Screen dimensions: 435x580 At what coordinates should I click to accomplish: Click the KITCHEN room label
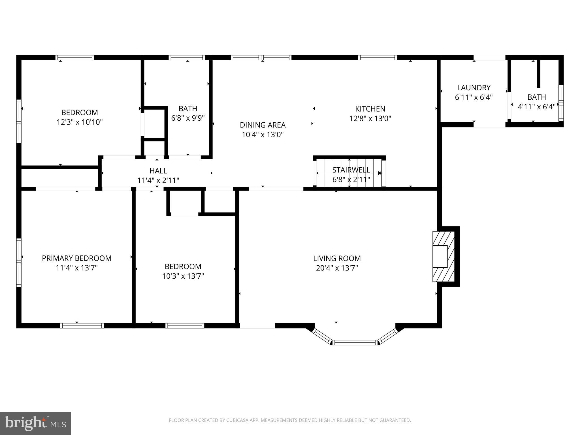coord(370,109)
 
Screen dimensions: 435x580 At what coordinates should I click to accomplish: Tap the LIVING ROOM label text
coord(337,258)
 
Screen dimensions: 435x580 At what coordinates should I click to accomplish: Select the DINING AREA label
coord(263,125)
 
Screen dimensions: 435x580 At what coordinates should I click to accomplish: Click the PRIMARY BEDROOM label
coord(76,258)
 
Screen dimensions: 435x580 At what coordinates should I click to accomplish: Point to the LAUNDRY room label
coord(474,88)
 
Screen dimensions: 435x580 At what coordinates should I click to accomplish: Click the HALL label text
coord(158,171)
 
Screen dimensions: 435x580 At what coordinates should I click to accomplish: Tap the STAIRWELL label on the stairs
coord(351,170)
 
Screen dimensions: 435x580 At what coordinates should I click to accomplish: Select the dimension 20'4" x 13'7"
coord(337,268)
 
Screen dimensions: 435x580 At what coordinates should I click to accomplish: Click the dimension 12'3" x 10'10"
coord(80,122)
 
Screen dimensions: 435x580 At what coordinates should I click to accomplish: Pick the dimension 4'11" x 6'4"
coord(536,107)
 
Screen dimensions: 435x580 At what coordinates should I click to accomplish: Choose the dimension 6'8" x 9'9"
coord(188,118)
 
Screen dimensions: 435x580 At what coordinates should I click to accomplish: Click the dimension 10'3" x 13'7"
coord(183,276)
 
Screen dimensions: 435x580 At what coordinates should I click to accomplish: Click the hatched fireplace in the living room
coord(443,257)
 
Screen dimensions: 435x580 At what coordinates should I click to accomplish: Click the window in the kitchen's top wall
coord(377,57)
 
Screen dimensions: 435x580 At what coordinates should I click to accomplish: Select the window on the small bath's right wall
coord(561,103)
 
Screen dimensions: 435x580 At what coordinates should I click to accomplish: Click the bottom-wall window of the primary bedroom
coord(82,326)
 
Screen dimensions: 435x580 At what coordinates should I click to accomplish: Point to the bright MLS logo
coord(35,423)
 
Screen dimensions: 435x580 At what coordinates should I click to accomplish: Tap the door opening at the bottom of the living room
coord(257,326)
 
